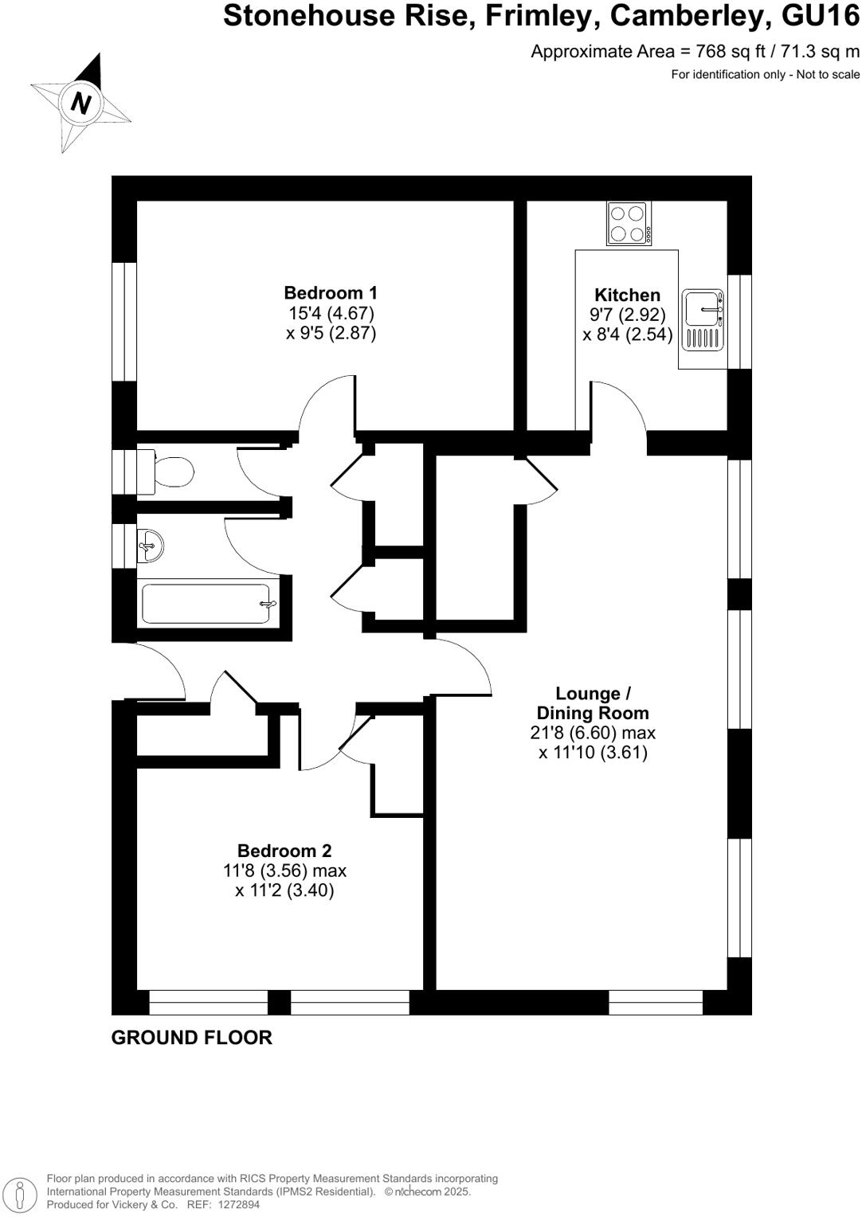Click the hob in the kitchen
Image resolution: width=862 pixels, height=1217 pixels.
pyautogui.click(x=629, y=224)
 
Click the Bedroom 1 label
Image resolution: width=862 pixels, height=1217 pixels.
pyautogui.click(x=331, y=293)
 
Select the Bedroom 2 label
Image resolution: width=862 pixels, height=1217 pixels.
pyautogui.click(x=284, y=851)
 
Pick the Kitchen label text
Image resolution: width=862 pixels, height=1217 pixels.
pyautogui.click(x=627, y=295)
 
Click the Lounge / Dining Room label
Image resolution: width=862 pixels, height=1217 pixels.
pyautogui.click(x=593, y=703)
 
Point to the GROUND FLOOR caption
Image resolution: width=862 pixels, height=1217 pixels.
pyautogui.click(x=191, y=1038)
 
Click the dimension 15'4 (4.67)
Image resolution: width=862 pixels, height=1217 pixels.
pyautogui.click(x=331, y=313)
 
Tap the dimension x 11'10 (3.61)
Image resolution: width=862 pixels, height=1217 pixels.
pyautogui.click(x=593, y=753)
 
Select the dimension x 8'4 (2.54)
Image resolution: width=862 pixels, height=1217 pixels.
pyautogui.click(x=627, y=335)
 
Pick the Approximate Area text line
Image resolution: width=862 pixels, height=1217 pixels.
pyautogui.click(x=695, y=52)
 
